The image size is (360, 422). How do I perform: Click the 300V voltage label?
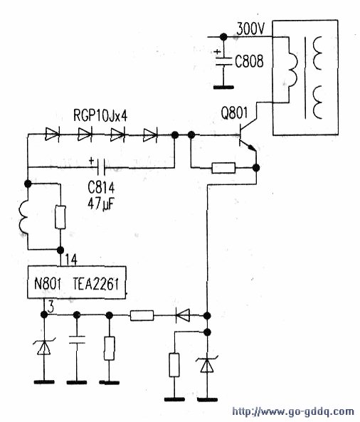(x=250, y=28)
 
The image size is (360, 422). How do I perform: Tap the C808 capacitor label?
(x=249, y=62)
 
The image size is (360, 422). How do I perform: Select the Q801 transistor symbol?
(x=248, y=134)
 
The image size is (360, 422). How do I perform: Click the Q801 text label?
(x=234, y=113)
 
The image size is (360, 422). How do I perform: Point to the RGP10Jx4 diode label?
(x=100, y=116)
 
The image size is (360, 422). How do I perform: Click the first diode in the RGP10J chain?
(x=52, y=134)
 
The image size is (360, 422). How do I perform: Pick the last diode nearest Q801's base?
(x=150, y=134)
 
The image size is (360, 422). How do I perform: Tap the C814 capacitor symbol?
(x=101, y=167)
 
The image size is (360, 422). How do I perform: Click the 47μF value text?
(x=100, y=204)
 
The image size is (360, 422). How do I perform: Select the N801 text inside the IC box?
(x=48, y=283)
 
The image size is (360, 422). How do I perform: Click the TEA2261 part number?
(x=96, y=284)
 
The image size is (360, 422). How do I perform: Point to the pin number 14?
(x=71, y=260)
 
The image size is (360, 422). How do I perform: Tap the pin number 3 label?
(x=51, y=307)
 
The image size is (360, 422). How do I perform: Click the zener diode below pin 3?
(x=44, y=347)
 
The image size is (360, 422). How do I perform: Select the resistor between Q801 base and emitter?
(x=223, y=168)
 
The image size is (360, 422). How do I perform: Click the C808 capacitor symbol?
(x=223, y=61)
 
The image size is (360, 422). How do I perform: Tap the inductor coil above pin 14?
(x=23, y=217)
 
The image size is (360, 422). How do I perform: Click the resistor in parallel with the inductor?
(x=60, y=217)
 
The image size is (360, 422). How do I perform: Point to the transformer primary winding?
(x=292, y=70)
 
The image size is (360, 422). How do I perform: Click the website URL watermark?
(x=292, y=411)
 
